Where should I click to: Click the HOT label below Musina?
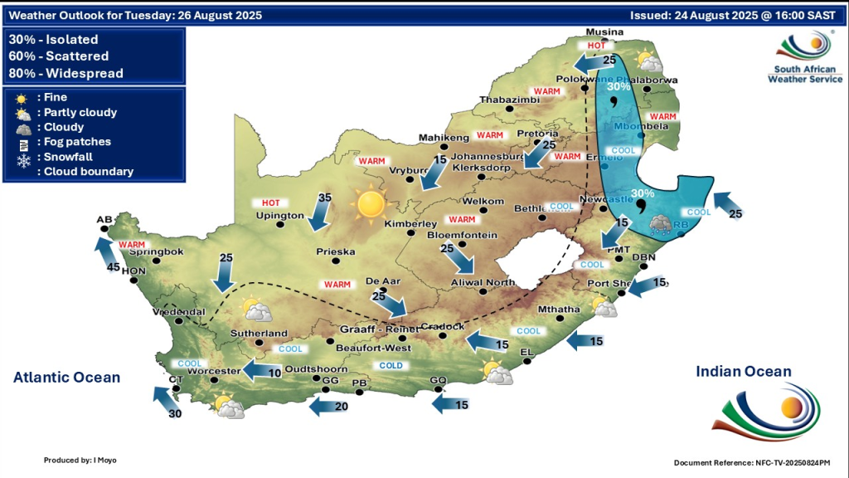(596, 46)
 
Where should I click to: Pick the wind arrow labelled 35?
(319, 212)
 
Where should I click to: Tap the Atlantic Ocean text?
(66, 378)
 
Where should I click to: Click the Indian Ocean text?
(743, 372)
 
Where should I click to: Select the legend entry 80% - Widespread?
(66, 74)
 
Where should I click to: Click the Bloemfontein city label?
(461, 236)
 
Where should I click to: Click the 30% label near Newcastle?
(642, 193)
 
